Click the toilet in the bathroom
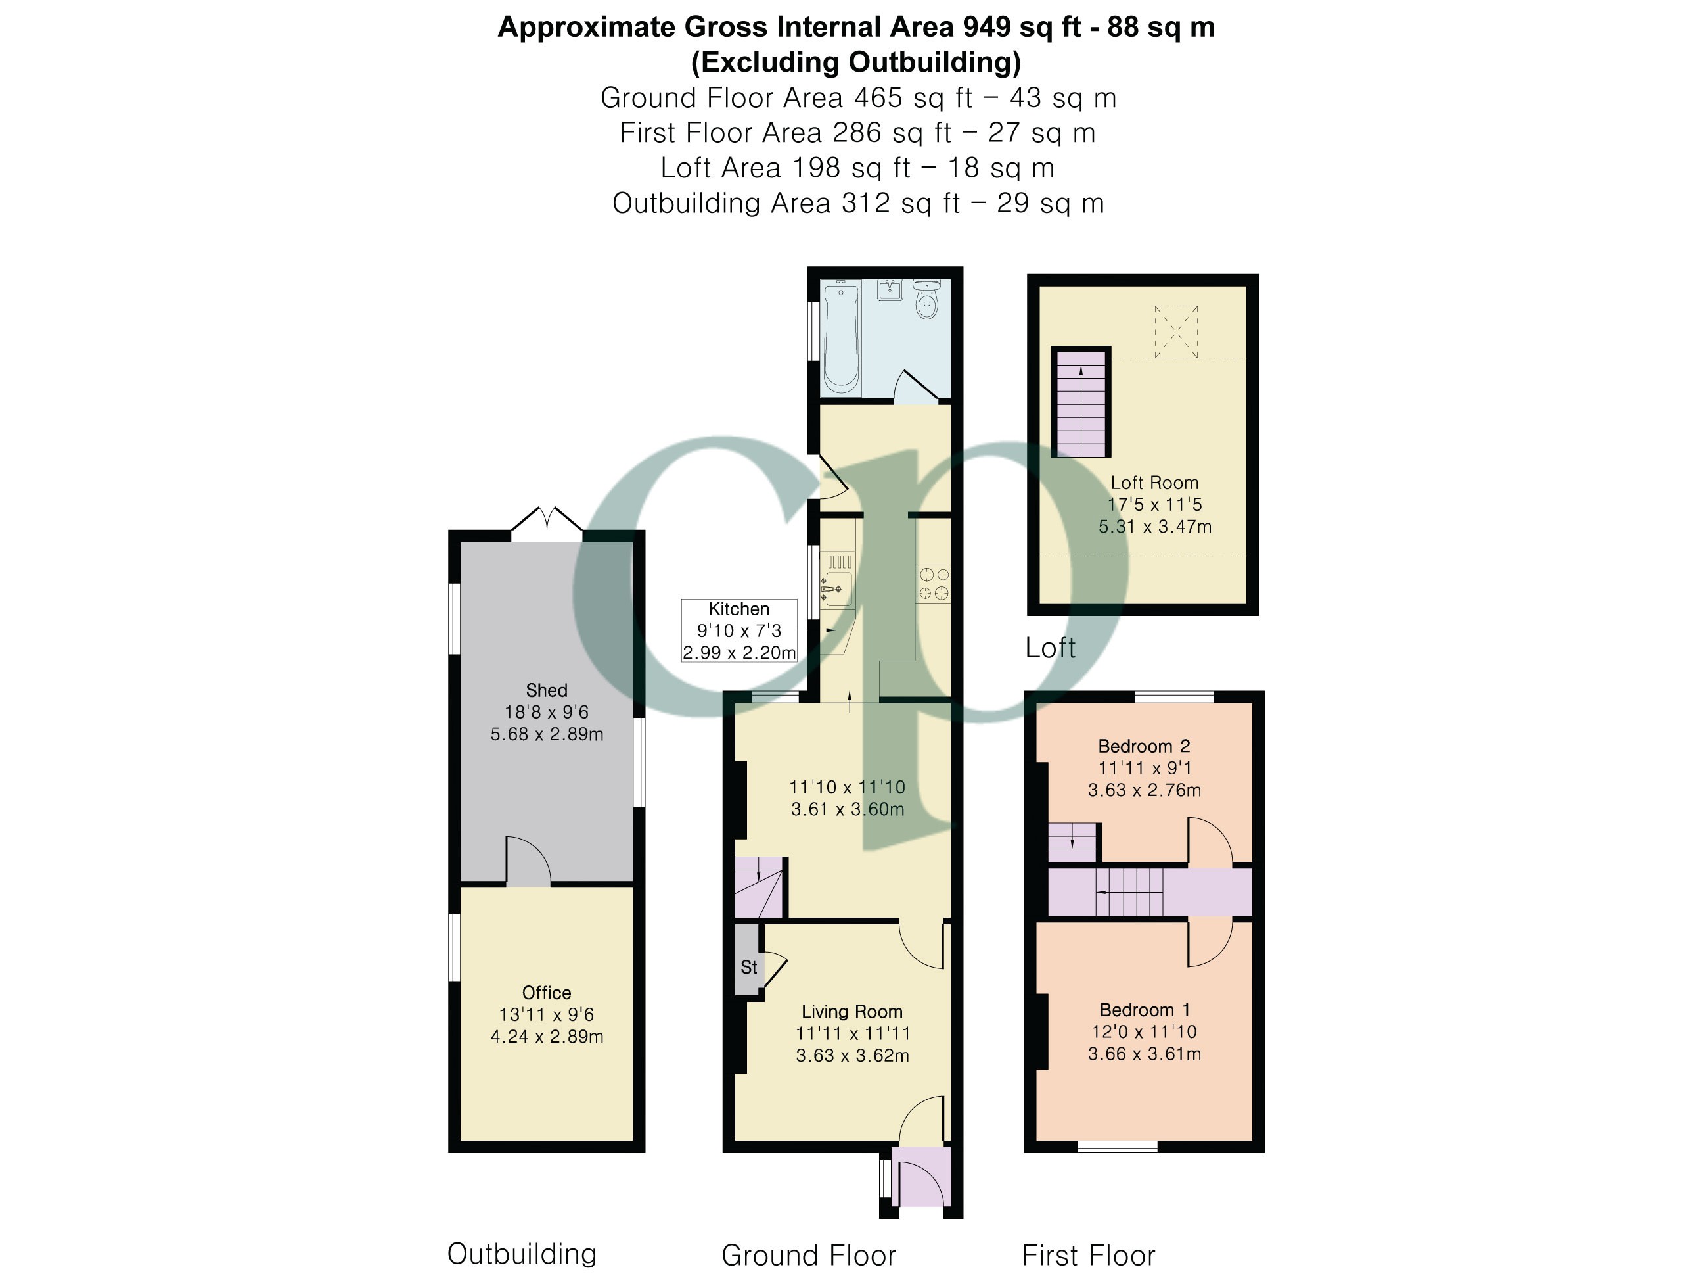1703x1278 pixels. [x=927, y=300]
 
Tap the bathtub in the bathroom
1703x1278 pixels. [x=841, y=337]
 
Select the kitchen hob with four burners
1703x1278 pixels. [x=933, y=584]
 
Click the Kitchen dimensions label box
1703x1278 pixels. [x=739, y=631]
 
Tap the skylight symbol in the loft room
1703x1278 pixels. [x=1175, y=332]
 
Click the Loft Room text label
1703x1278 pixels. [x=1154, y=483]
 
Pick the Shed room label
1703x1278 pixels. [x=547, y=690]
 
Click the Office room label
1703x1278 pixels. [x=547, y=993]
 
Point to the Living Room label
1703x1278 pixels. [x=852, y=1012]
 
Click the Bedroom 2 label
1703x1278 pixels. [x=1144, y=746]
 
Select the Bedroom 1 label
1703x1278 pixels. [x=1145, y=1010]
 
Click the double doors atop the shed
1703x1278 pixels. [x=547, y=519]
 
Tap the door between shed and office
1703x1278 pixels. [x=528, y=861]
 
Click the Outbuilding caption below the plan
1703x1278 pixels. [x=522, y=1254]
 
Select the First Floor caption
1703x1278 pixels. [x=1089, y=1256]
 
